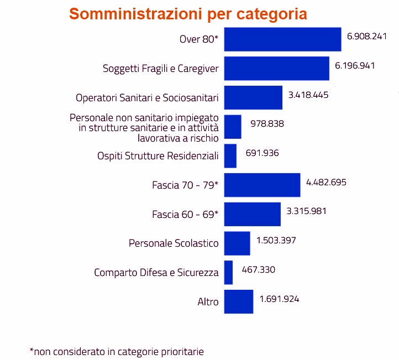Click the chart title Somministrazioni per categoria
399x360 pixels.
click(188, 14)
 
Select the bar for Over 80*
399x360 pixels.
click(282, 39)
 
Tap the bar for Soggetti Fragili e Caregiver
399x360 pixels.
click(276, 69)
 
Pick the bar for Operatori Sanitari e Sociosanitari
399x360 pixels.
click(253, 98)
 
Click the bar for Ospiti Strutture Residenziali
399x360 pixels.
click(230, 156)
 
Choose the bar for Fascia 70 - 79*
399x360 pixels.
click(262, 185)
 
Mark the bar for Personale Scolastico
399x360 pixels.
click(237, 243)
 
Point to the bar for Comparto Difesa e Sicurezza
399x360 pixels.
click(228, 273)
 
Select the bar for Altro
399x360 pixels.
click(239, 302)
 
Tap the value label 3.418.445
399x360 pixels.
click(308, 95)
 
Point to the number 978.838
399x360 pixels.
click(267, 124)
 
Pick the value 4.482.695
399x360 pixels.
click(326, 181)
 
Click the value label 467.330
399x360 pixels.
click(258, 269)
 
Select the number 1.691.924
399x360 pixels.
click(279, 299)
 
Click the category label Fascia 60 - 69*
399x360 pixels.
click(185, 214)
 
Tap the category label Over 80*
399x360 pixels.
click(199, 39)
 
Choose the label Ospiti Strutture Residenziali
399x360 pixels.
click(158, 156)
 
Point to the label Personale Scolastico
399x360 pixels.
click(174, 243)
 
